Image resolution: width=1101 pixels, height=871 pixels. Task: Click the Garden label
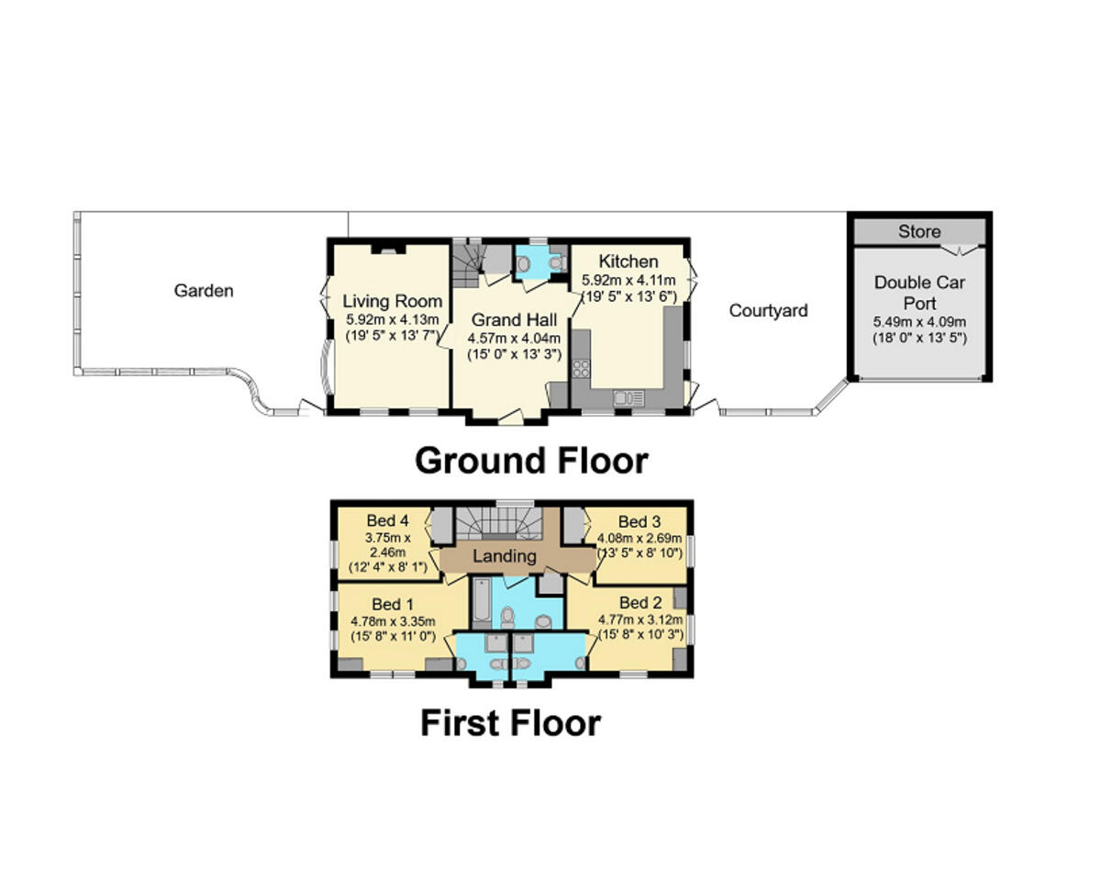tap(204, 291)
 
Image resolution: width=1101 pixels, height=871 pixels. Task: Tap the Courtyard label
tap(768, 310)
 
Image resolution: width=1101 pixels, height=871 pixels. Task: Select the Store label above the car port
tap(918, 231)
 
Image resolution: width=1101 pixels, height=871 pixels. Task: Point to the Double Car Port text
tap(919, 293)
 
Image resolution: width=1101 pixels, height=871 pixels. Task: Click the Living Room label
tap(392, 301)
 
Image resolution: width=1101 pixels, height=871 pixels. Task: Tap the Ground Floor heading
tap(531, 460)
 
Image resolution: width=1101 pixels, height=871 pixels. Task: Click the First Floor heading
tap(510, 722)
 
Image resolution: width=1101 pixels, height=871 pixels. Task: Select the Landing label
tap(505, 556)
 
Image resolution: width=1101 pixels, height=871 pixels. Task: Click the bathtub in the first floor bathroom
tap(481, 603)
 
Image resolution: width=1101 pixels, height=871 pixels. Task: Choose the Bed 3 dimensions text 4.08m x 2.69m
tap(639, 538)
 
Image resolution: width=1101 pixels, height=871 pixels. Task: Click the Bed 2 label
tap(639, 603)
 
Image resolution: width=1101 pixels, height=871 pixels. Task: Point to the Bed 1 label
tap(393, 604)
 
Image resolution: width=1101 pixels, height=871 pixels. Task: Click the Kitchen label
tap(628, 262)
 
